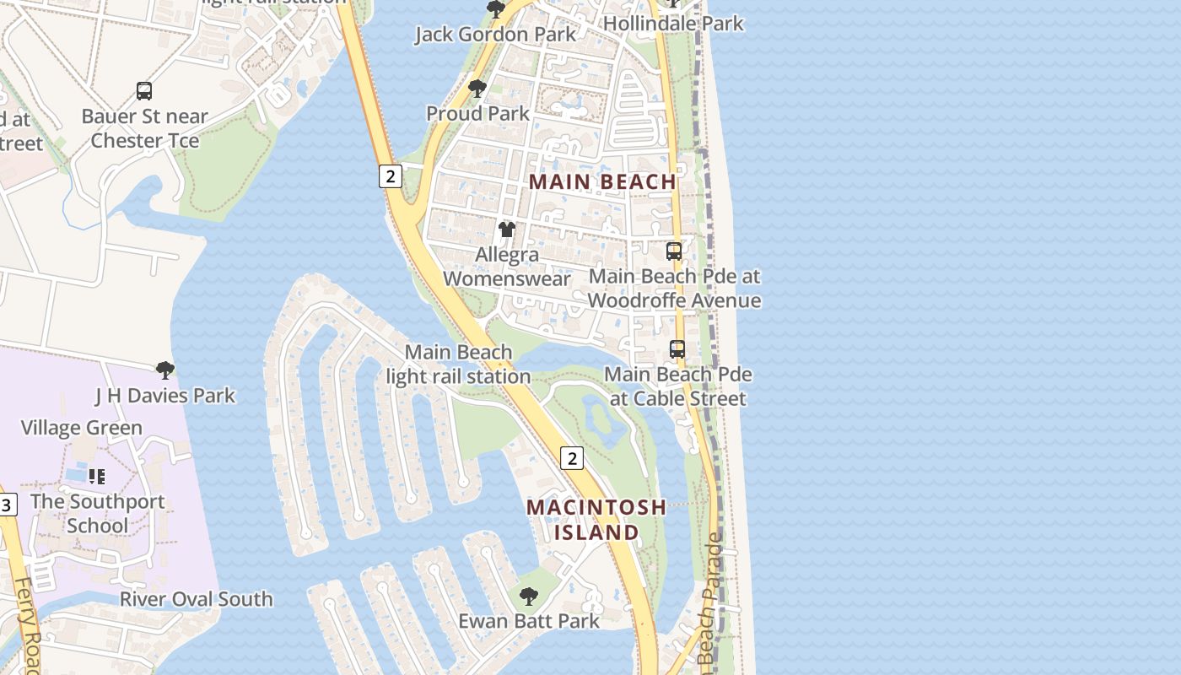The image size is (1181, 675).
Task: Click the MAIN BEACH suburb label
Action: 603,181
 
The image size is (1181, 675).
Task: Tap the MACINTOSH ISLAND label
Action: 596,520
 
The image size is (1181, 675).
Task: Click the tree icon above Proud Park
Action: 477,89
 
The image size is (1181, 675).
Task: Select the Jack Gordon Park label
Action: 496,35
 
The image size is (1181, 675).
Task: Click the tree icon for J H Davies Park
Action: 165,370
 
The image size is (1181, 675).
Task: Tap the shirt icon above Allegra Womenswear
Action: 506,229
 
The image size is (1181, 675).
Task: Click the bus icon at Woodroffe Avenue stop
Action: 673,251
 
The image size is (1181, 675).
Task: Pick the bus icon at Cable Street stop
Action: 677,348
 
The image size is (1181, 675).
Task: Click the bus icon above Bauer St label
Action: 144,91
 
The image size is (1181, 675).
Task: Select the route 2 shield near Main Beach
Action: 389,176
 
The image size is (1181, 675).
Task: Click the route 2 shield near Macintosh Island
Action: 572,458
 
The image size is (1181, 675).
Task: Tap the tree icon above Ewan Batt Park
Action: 528,597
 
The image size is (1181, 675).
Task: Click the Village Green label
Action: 82,428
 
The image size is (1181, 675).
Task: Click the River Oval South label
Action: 196,599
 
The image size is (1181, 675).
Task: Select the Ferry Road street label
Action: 27,624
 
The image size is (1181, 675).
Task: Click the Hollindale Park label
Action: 673,24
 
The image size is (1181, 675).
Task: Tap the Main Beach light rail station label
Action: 458,364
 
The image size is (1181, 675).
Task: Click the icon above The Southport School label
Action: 97,477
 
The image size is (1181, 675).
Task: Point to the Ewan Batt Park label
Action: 529,621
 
